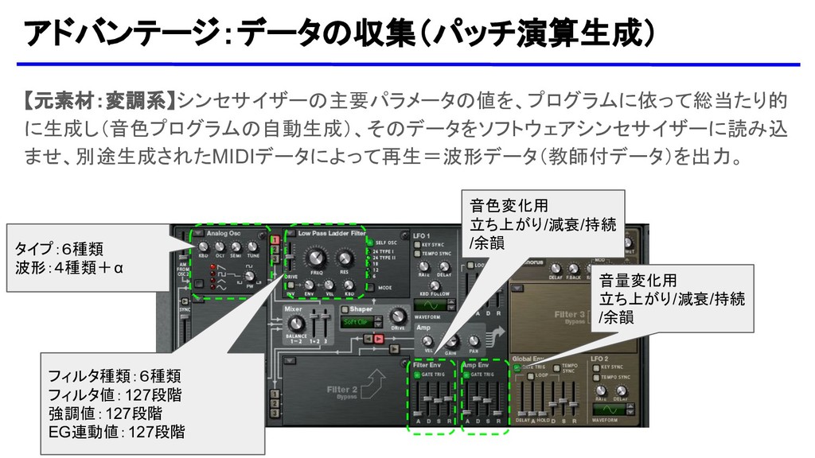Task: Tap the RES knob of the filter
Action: click(x=345, y=258)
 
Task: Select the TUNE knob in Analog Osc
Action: click(x=254, y=247)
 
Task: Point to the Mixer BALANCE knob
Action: click(x=296, y=324)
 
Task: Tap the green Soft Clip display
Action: click(x=359, y=322)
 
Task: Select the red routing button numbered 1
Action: click(x=274, y=239)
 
